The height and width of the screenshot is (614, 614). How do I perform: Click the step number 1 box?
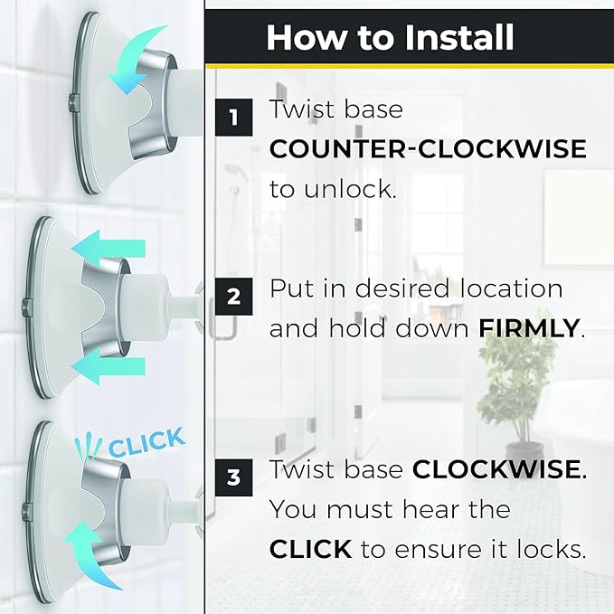point(234,117)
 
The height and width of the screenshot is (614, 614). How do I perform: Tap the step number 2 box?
point(234,297)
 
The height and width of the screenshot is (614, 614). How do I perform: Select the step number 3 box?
point(234,477)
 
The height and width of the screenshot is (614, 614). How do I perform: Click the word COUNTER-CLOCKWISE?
point(428,149)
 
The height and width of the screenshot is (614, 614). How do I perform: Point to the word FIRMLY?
point(529,328)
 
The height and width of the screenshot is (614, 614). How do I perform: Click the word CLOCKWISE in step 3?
point(496,468)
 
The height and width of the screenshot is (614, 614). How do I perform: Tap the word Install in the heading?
point(459,38)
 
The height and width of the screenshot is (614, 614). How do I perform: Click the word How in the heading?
point(307,38)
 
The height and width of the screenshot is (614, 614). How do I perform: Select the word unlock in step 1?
point(348,189)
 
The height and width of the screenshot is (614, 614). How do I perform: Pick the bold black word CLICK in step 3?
point(310,549)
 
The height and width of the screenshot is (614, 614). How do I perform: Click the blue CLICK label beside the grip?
point(146,442)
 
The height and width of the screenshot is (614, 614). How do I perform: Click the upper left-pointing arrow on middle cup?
point(109,248)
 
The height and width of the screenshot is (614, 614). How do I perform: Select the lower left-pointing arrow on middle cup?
point(109,367)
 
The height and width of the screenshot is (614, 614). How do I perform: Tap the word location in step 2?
point(511,288)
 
